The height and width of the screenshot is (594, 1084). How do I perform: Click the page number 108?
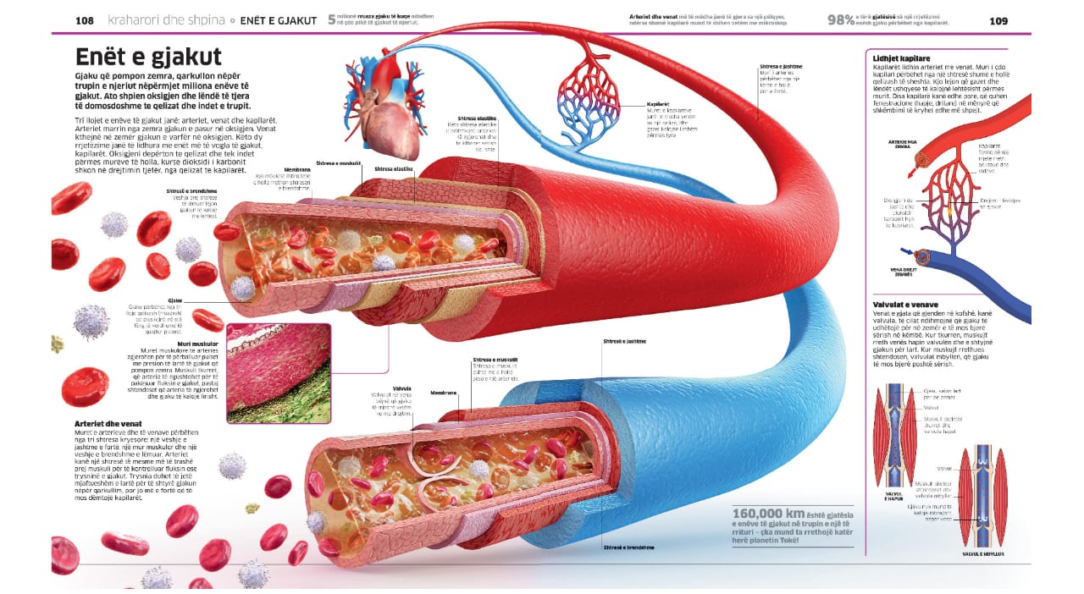click(x=84, y=20)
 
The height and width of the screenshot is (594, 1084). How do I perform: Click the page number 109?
click(x=999, y=20)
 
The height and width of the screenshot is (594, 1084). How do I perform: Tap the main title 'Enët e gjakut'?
click(x=148, y=57)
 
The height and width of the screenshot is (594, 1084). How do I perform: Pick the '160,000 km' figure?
click(x=768, y=514)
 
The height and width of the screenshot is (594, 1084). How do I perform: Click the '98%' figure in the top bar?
click(x=839, y=20)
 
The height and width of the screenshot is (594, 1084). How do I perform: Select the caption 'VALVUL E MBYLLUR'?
click(x=983, y=554)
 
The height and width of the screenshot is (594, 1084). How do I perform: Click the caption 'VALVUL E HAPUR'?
click(x=894, y=497)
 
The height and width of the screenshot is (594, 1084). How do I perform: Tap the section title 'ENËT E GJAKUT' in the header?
click(x=279, y=20)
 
